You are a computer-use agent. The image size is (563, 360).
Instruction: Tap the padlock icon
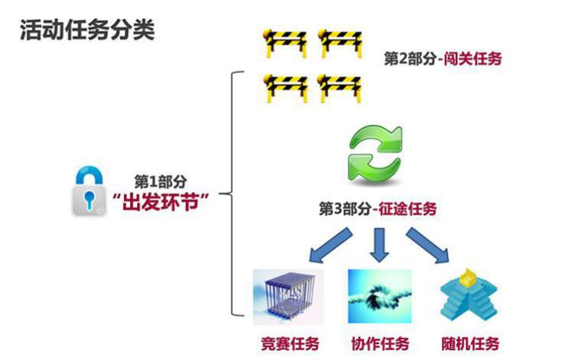point(91,192)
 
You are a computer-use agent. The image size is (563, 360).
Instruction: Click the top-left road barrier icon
point(283,43)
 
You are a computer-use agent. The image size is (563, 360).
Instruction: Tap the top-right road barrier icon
point(337,43)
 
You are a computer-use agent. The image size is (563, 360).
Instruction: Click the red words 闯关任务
point(475,59)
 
